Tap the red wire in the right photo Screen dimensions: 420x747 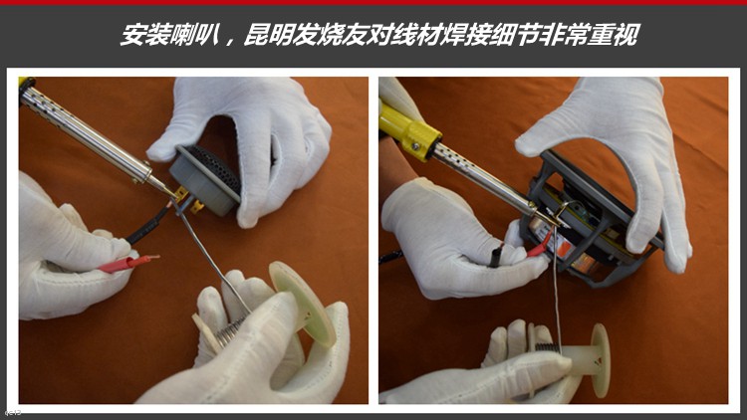tap(538, 246)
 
